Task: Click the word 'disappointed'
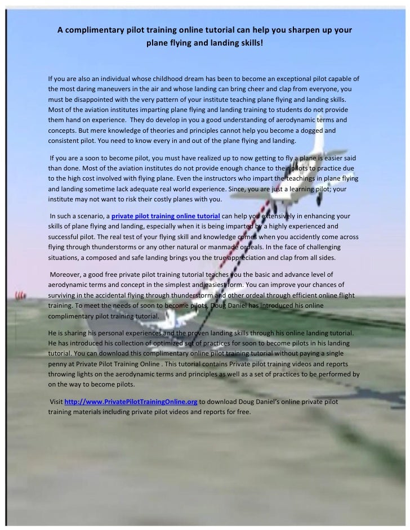91,99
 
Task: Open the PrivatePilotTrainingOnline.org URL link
131,402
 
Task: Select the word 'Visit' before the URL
57,402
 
